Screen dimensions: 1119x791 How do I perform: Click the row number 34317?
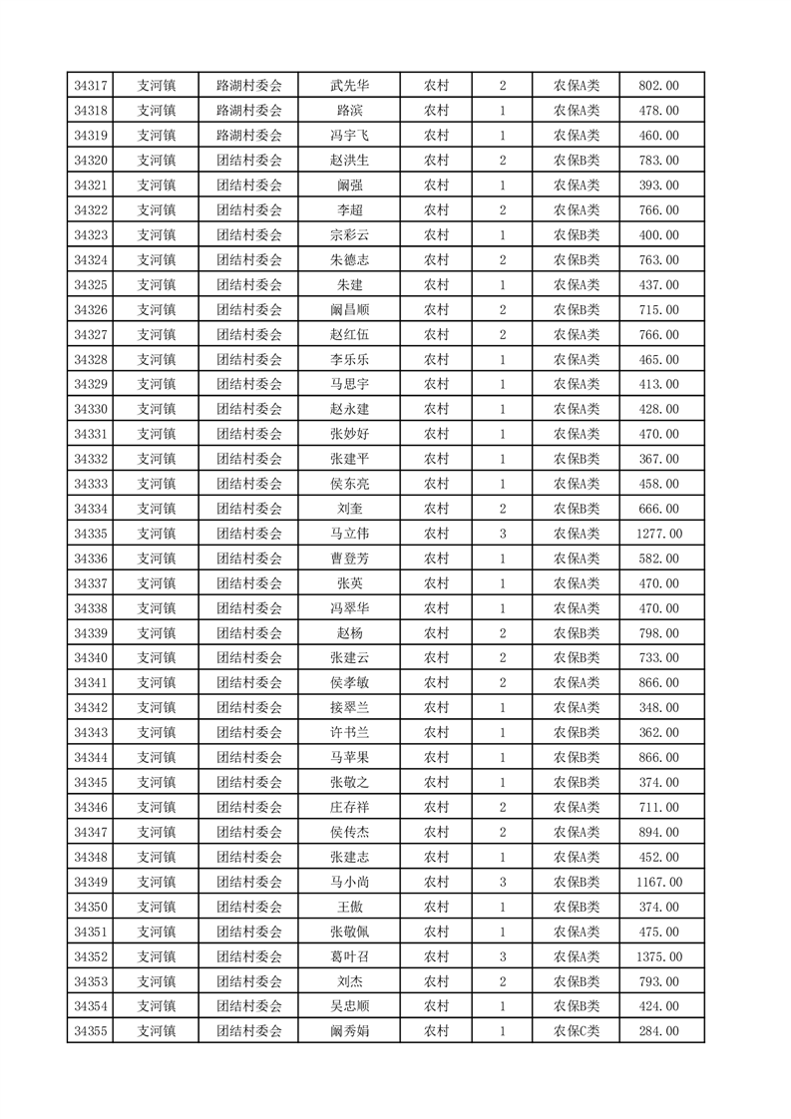click(91, 86)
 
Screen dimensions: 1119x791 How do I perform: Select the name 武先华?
click(349, 86)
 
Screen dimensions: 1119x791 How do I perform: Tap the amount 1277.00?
click(659, 534)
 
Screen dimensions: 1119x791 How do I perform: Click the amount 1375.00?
click(659, 956)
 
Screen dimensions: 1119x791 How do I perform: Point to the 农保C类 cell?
click(577, 1031)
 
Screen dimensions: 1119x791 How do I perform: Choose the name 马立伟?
click(349, 534)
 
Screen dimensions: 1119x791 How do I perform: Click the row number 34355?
click(91, 1031)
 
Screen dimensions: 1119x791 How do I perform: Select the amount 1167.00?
click(659, 882)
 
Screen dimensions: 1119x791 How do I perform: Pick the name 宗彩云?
click(349, 235)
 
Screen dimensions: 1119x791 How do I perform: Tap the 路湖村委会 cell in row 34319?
click(249, 136)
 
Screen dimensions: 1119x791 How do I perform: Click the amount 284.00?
click(659, 1031)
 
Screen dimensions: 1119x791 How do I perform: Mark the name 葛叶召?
click(349, 956)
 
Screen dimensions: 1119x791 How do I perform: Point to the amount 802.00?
click(659, 86)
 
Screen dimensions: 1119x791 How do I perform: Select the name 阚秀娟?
click(349, 1031)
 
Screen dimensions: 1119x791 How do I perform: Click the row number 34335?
click(91, 534)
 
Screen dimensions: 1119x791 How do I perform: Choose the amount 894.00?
click(659, 832)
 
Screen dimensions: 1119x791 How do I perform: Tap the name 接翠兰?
click(349, 708)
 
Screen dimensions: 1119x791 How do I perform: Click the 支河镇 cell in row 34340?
click(156, 658)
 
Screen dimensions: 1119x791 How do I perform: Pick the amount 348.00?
click(659, 708)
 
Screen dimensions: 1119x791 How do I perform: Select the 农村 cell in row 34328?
click(436, 360)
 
